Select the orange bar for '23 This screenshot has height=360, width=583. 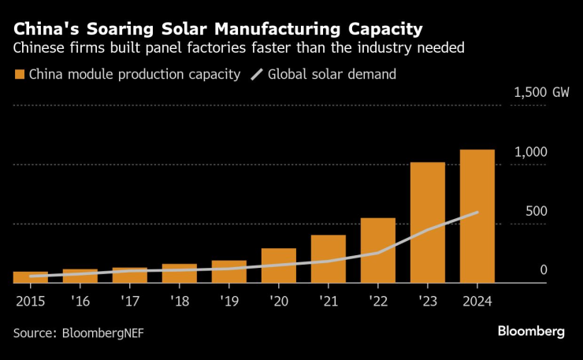point(428,222)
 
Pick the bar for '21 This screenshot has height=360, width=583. point(329,258)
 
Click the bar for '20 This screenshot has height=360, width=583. point(279,265)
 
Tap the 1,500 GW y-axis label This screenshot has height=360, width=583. point(541,92)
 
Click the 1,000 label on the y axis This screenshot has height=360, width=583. point(530,151)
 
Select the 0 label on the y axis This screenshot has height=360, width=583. point(544,270)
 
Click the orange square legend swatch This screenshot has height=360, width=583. point(19,75)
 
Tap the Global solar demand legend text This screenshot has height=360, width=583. point(332,75)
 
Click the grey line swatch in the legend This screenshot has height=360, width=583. point(257,75)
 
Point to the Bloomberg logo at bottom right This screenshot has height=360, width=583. point(531,332)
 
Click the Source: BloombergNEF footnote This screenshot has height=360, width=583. point(78,332)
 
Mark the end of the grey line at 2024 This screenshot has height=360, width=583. point(477,212)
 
